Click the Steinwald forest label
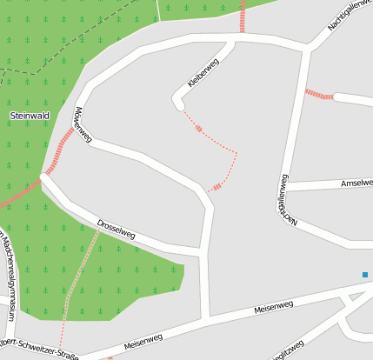(29, 116)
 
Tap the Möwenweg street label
(83, 124)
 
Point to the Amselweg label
(356, 183)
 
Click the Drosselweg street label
(117, 228)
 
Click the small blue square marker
(365, 275)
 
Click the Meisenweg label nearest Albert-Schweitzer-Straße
(143, 341)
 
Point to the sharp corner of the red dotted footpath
(236, 154)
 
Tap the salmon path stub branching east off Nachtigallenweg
(319, 94)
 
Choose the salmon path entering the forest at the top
(242, 16)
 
